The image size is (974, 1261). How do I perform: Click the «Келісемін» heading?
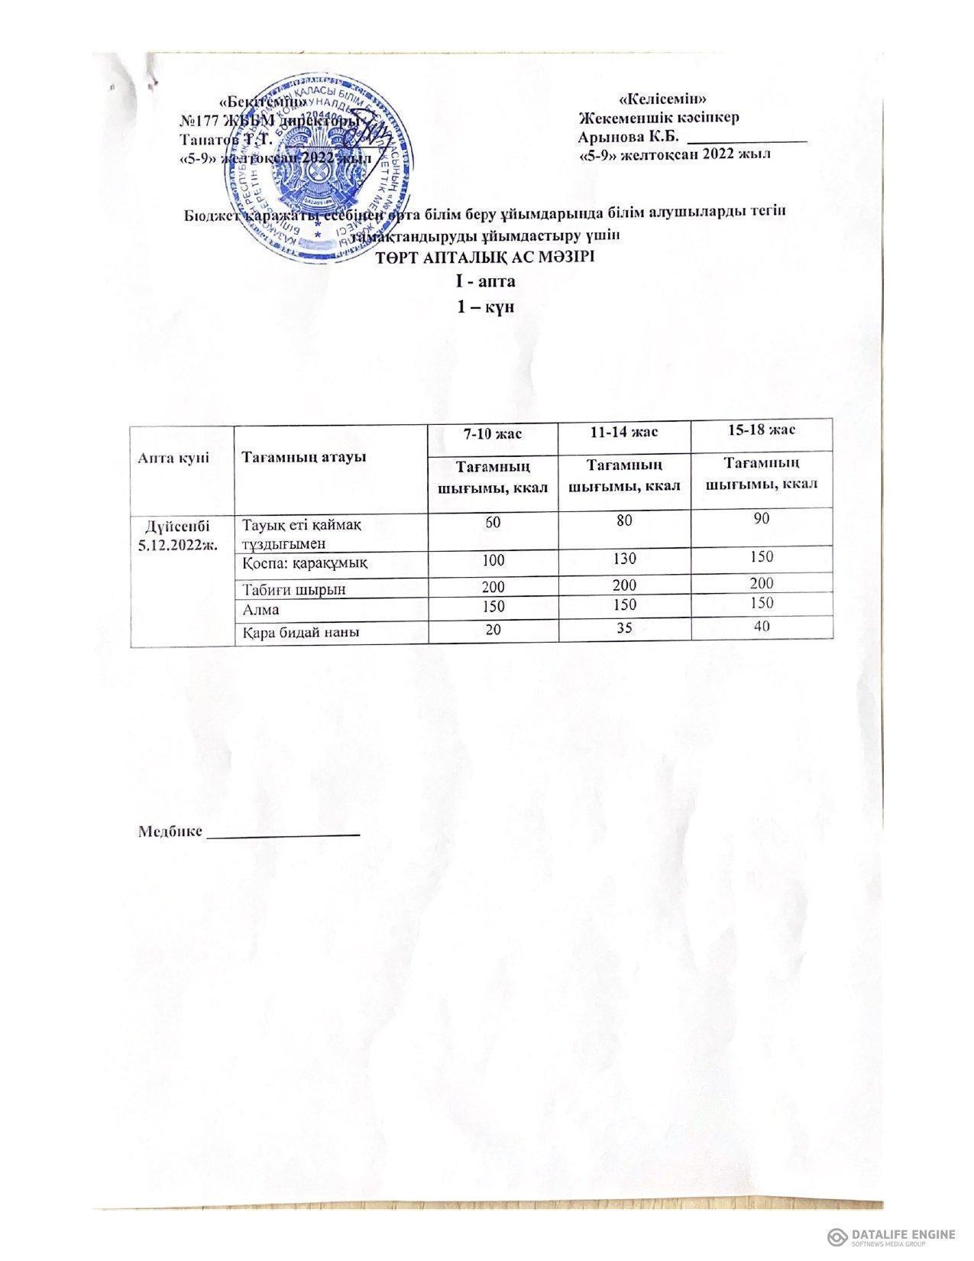tap(666, 99)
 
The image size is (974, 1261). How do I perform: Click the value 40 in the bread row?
tap(760, 627)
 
